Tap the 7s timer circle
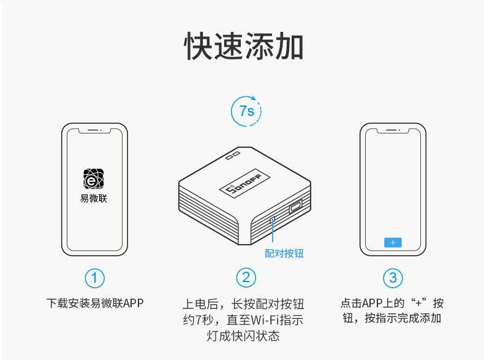246,111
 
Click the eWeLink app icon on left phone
94,179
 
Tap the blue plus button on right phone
393,242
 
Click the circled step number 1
94,278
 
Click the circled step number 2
246,278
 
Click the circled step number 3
393,278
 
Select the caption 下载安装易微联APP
95,303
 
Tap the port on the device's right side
296,206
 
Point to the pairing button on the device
272,218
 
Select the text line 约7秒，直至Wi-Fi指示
243,320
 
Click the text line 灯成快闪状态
243,336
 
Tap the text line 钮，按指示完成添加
392,318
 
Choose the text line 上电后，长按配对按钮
243,304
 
